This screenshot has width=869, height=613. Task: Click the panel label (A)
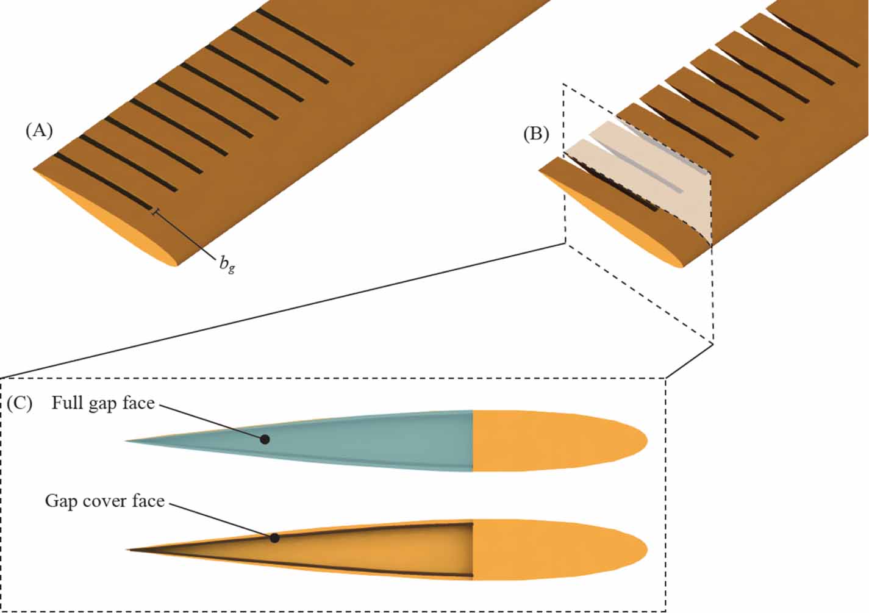[39, 131]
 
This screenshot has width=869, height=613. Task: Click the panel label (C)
[20, 404]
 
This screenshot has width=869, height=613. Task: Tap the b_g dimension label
[227, 265]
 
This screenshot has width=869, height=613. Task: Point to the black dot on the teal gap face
[265, 439]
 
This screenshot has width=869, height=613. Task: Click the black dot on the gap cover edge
[274, 538]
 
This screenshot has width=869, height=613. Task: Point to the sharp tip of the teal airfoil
[126, 441]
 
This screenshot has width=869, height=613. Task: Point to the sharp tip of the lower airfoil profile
[127, 550]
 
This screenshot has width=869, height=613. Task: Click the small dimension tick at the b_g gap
[156, 212]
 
